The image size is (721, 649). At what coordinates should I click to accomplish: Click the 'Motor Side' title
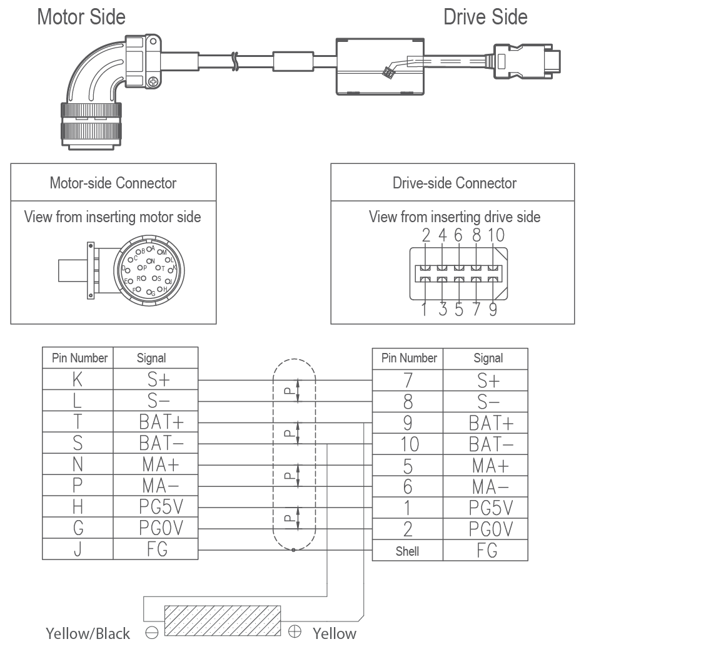[x=81, y=17]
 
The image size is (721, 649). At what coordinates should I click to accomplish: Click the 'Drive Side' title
[x=485, y=17]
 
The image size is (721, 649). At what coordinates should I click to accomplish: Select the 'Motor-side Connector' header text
[x=113, y=183]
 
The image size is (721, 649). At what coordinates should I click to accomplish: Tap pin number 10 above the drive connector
[x=496, y=235]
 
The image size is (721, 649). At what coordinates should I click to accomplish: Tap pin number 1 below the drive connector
[x=425, y=310]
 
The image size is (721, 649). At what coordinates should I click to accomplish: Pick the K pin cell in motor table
[x=78, y=379]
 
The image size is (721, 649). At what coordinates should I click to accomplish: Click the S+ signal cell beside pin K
[x=156, y=379]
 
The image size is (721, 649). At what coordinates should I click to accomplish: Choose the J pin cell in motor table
[x=78, y=549]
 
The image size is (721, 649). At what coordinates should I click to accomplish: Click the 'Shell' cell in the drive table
[x=407, y=551]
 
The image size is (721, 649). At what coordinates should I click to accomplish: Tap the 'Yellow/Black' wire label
[x=88, y=634]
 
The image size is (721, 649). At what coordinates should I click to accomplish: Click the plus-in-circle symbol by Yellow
[x=295, y=632]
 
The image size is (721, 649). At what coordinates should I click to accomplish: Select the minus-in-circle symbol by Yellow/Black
[x=151, y=633]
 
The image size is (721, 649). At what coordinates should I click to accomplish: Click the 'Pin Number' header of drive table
[x=409, y=359]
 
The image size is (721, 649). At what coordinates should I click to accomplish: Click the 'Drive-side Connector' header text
[x=455, y=183]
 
